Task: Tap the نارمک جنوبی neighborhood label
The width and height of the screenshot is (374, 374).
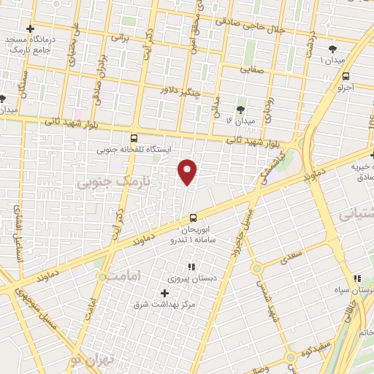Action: pyautogui.click(x=112, y=183)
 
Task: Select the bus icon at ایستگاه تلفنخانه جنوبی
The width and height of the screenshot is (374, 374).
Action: pyautogui.click(x=133, y=137)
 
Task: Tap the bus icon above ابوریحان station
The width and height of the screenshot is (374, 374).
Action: pyautogui.click(x=193, y=217)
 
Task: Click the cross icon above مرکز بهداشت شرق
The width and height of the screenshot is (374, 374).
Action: pyautogui.click(x=164, y=293)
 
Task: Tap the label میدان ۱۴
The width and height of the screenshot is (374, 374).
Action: pyautogui.click(x=239, y=120)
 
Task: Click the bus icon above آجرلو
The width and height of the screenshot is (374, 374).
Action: pyautogui.click(x=345, y=75)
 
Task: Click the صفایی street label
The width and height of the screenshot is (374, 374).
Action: pyautogui.click(x=253, y=71)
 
